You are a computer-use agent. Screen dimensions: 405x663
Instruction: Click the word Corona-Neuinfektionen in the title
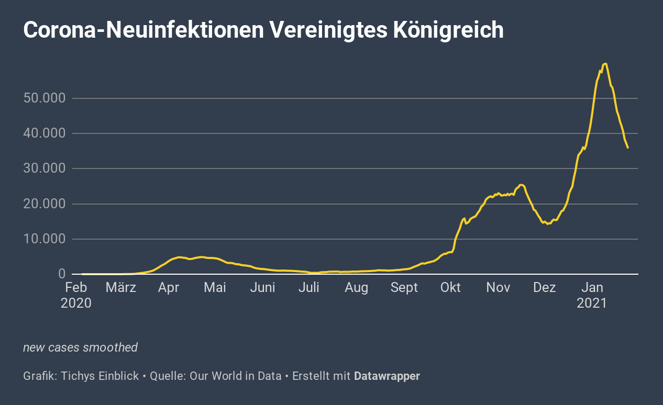click(x=142, y=30)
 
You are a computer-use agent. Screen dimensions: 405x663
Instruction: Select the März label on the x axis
click(x=121, y=287)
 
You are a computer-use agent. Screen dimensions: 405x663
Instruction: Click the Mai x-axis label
click(x=215, y=287)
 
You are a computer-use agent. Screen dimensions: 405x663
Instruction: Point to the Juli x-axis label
click(x=310, y=287)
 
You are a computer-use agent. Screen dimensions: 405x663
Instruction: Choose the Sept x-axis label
click(x=404, y=287)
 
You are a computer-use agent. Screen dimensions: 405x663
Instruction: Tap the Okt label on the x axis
click(x=450, y=287)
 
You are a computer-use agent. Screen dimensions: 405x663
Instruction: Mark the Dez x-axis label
click(x=545, y=287)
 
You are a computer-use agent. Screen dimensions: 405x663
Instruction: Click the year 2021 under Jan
click(x=592, y=303)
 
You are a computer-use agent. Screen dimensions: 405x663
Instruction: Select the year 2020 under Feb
click(x=76, y=303)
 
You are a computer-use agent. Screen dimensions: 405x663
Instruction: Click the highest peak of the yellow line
click(x=605, y=64)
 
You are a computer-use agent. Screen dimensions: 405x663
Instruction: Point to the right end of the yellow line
click(x=628, y=148)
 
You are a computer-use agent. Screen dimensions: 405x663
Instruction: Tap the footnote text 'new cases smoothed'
click(x=81, y=347)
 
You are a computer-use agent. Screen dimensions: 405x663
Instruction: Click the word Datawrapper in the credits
click(x=387, y=376)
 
